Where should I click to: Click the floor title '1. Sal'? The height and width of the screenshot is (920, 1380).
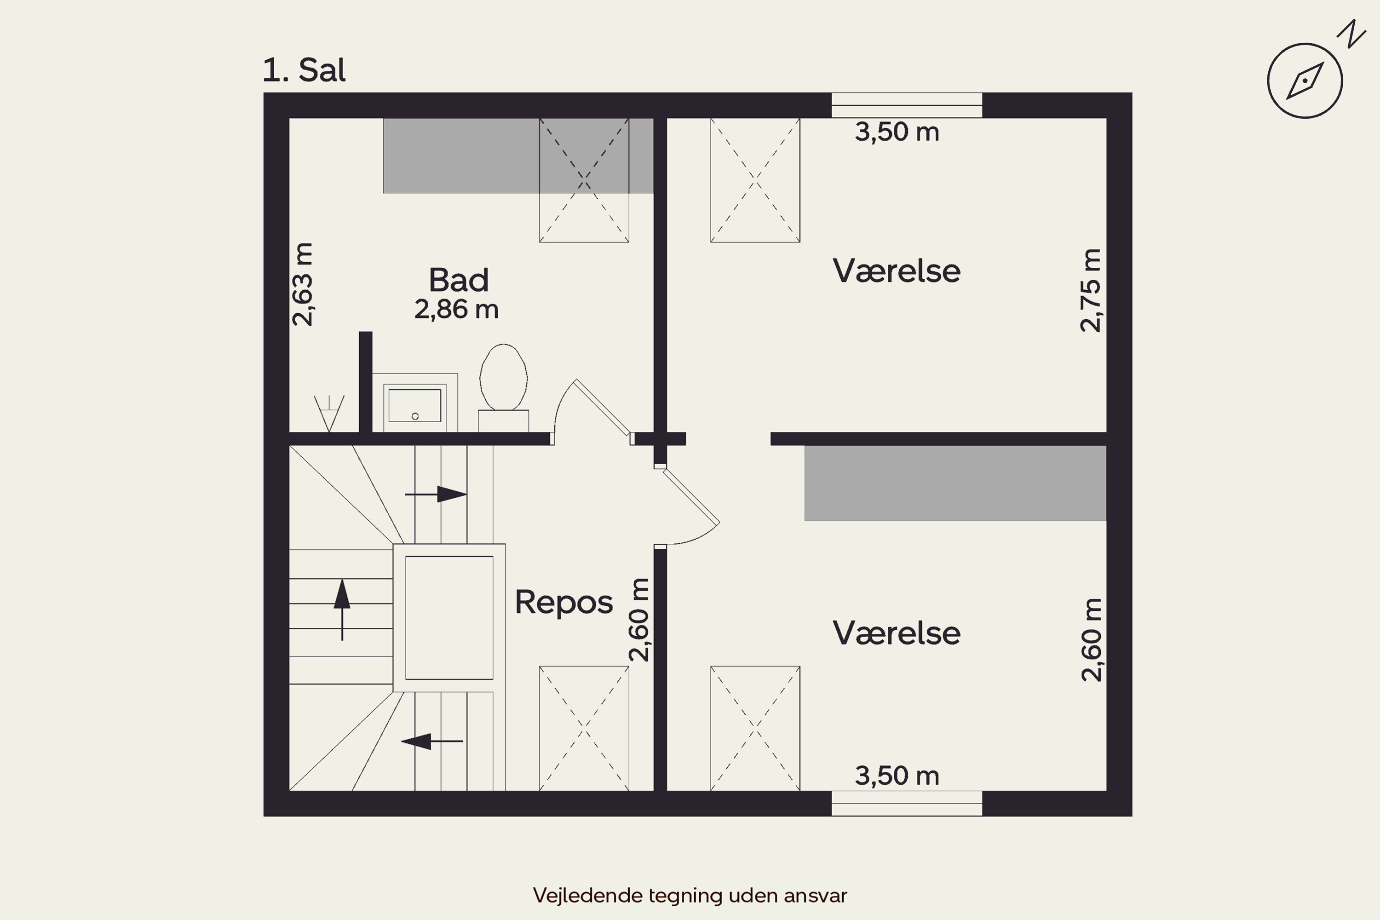click(304, 70)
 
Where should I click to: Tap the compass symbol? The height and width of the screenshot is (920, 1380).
click(1305, 80)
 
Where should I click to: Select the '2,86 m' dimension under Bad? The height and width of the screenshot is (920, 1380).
click(456, 310)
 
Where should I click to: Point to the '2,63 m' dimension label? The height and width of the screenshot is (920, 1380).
click(303, 285)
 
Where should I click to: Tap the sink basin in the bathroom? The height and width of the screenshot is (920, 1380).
click(415, 405)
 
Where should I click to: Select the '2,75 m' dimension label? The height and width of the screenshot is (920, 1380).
click(1091, 290)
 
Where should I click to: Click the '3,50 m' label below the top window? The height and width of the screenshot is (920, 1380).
click(897, 132)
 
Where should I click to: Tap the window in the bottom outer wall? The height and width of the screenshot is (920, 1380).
click(907, 803)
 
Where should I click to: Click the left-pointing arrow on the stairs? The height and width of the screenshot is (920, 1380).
click(432, 741)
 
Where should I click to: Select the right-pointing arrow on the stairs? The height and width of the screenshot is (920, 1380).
click(437, 494)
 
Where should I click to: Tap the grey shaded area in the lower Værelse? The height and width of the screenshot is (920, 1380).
click(954, 483)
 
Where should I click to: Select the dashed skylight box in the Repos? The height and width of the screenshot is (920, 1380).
click(584, 728)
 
